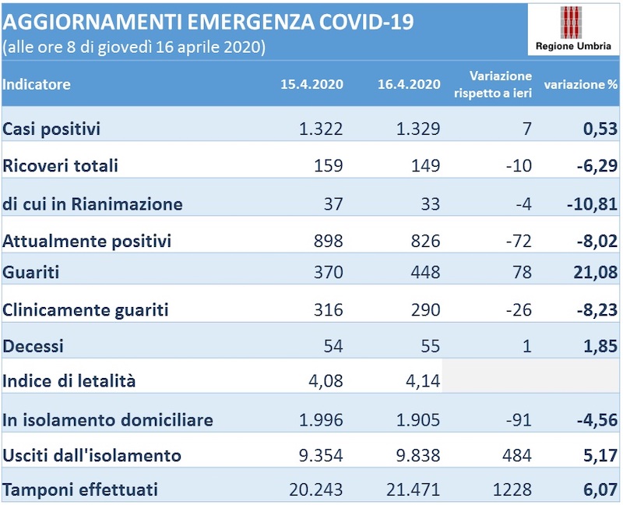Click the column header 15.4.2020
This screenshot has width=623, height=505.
(311, 85)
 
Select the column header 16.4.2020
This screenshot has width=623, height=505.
(409, 85)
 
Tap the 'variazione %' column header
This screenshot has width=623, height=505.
(580, 85)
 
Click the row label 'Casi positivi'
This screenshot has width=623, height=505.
(52, 129)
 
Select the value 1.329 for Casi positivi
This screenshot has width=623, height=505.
(418, 129)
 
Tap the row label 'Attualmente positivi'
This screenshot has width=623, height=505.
(87, 241)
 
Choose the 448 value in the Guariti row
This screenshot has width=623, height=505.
(425, 273)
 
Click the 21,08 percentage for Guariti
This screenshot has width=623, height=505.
(594, 273)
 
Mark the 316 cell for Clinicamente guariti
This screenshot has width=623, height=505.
(328, 310)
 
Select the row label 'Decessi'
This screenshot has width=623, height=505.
(33, 346)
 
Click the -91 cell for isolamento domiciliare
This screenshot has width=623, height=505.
(518, 420)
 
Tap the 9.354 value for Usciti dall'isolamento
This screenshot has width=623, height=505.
(321, 456)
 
